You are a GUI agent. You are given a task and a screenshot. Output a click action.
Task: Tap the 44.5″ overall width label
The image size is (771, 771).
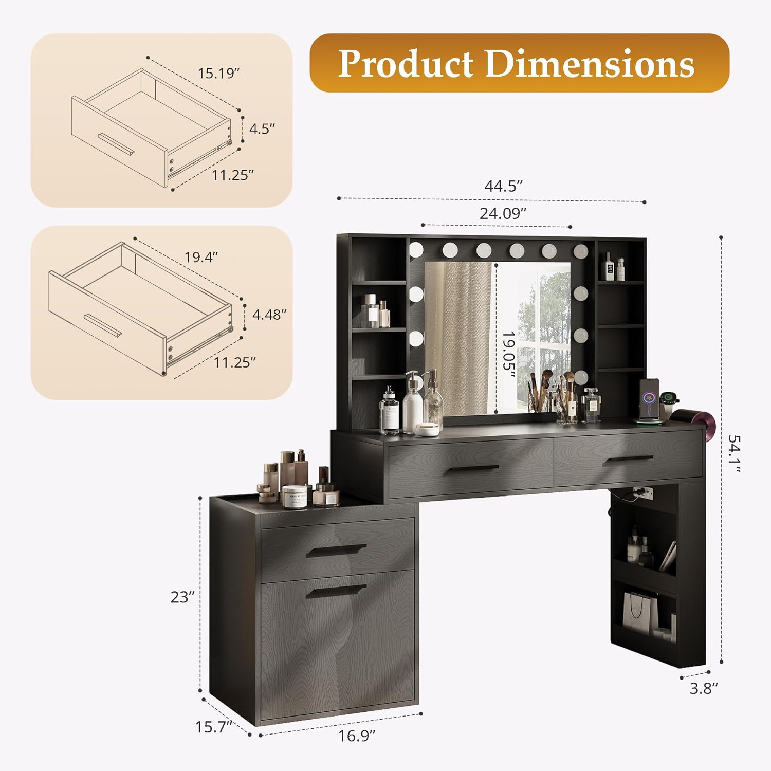click(x=503, y=186)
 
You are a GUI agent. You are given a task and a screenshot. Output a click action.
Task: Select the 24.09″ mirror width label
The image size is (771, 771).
click(x=503, y=213)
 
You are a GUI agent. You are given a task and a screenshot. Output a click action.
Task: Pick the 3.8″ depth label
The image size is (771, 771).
click(x=704, y=688)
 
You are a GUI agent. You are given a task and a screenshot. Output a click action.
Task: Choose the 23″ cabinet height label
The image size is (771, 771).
click(x=182, y=597)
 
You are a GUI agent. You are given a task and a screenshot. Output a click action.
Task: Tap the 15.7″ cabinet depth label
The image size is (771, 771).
click(x=213, y=727)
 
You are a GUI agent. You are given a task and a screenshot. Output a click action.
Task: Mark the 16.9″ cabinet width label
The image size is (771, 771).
click(x=357, y=736)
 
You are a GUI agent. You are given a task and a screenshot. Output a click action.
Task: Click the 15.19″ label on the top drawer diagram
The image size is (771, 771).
click(x=219, y=73)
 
